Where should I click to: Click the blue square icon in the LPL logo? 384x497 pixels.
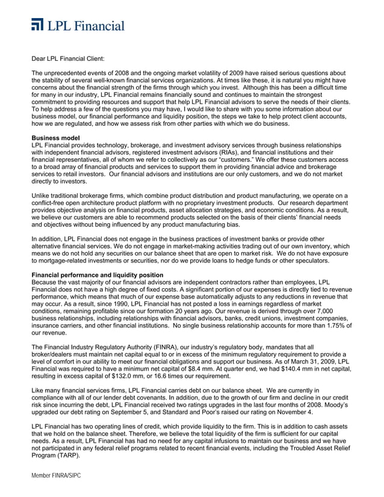tap(38, 25)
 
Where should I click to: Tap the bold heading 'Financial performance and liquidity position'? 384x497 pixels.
tap(97, 275)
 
